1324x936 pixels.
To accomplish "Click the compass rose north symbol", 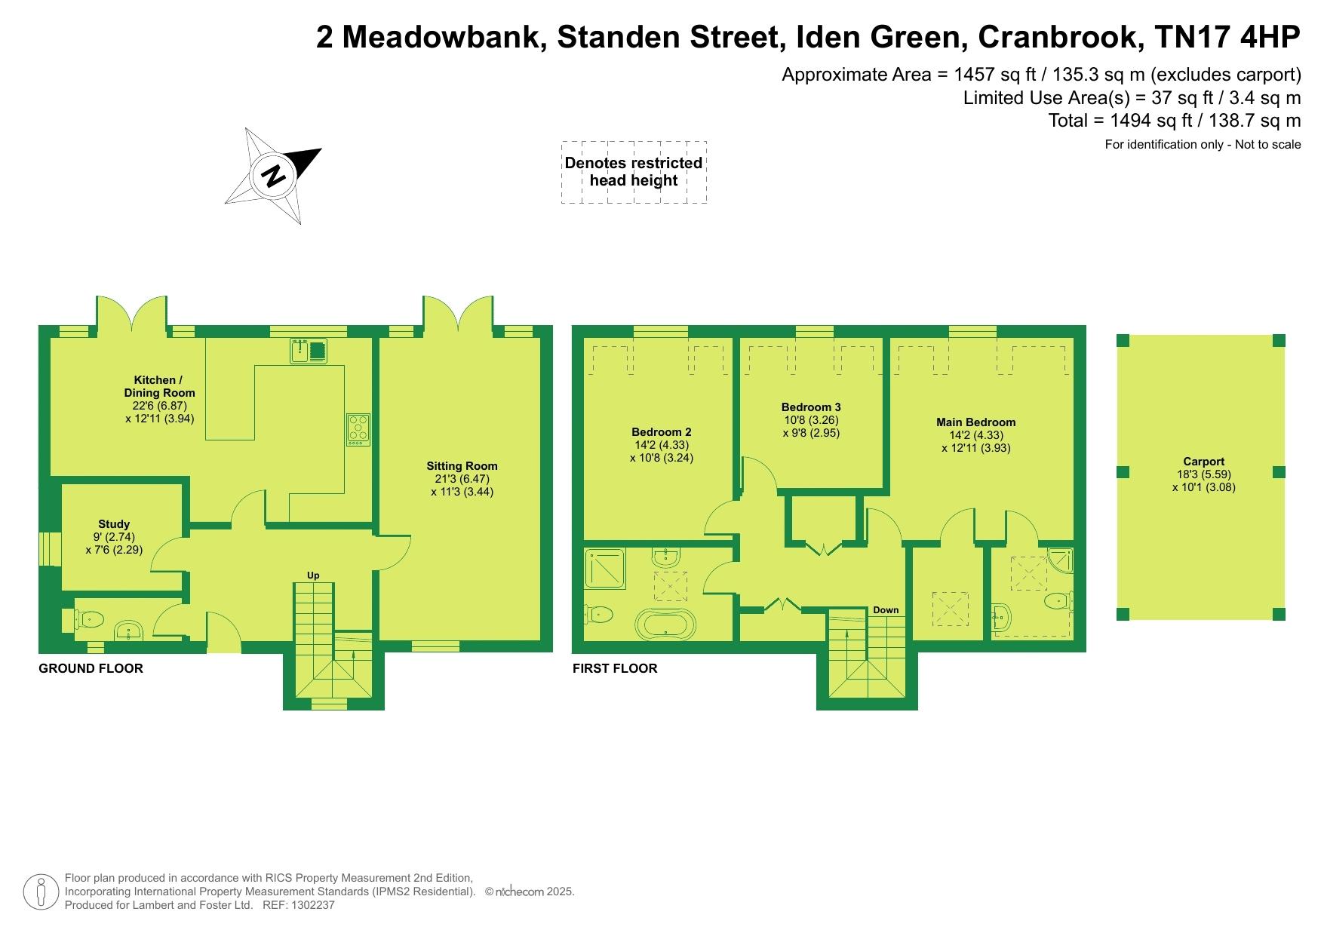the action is tap(273, 176).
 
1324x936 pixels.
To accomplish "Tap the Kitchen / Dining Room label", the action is tap(160, 399).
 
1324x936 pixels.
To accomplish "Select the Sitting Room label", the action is tap(462, 479).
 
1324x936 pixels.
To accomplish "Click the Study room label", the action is tap(114, 537).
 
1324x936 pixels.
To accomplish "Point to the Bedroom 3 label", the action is tap(811, 420).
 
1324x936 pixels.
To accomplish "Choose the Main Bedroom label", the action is tap(976, 434).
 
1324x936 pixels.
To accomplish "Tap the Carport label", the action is tap(1204, 474).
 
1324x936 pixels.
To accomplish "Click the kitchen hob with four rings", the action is tap(358, 429).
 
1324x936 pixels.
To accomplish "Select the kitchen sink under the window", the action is tap(309, 351).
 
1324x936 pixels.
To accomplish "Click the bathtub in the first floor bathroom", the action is tap(662, 625).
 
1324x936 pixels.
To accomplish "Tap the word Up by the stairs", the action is tap(313, 575).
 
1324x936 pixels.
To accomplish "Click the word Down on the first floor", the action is tap(886, 610).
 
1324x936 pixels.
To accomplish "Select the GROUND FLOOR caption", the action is tap(91, 668).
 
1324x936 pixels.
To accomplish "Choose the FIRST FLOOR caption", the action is tap(615, 668).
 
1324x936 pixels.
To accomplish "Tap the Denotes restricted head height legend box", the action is tap(634, 172).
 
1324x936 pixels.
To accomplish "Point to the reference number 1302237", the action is tap(309, 905).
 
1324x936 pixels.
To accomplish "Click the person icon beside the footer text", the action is tap(41, 892).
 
